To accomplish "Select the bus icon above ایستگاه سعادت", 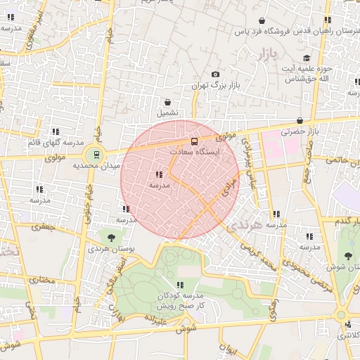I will [x=195, y=141].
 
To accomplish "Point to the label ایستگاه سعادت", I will [x=195, y=152].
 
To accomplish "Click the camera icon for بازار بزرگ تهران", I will [x=215, y=75].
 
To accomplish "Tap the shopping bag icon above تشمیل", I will [x=167, y=102].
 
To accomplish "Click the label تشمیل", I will [x=167, y=112].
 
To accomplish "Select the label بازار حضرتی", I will [x=300, y=131].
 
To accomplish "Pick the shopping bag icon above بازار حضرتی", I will [x=300, y=120].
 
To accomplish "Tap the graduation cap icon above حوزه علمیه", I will [x=307, y=58].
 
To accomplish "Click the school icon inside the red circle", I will [x=159, y=174].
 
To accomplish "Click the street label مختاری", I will [x=45, y=279].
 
